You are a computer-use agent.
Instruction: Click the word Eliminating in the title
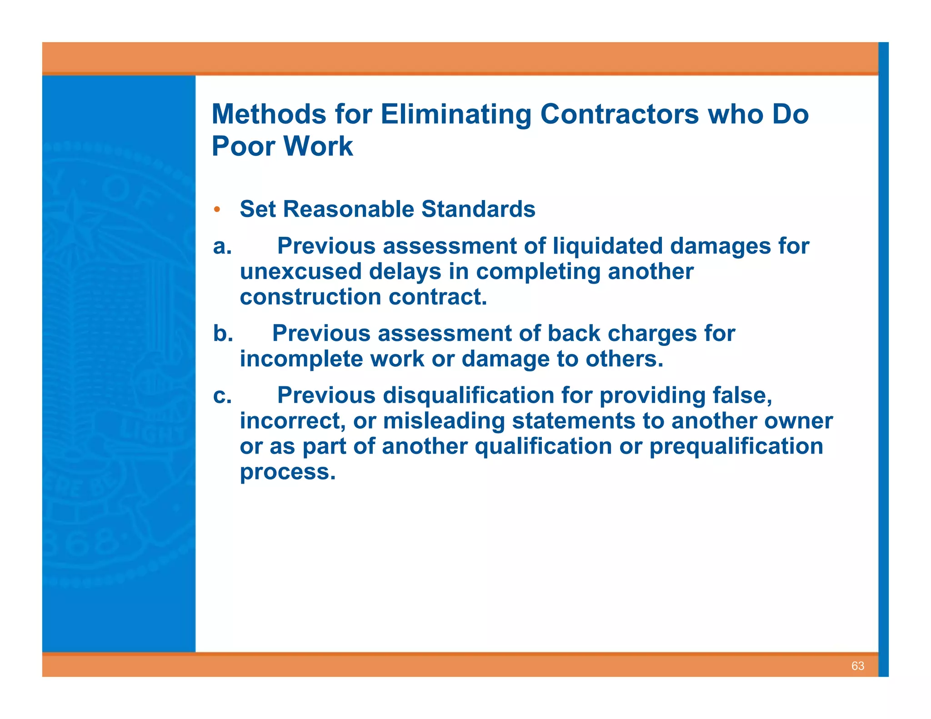[x=456, y=114]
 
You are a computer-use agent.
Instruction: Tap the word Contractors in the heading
[x=619, y=114]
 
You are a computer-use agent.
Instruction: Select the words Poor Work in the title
[x=282, y=146]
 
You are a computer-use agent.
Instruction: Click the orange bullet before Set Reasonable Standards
[x=217, y=210]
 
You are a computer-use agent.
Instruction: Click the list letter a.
[x=222, y=246]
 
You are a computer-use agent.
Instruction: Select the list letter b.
[x=223, y=334]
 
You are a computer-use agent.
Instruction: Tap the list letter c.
[x=222, y=395]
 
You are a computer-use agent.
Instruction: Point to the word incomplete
[x=301, y=359]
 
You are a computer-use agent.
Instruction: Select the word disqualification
[x=468, y=395]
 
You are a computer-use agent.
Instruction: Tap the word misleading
[x=444, y=421]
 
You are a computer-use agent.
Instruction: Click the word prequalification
[x=736, y=446]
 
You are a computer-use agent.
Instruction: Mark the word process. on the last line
[x=288, y=472]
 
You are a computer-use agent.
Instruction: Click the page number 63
[x=857, y=666]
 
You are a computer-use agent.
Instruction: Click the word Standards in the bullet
[x=478, y=210]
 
